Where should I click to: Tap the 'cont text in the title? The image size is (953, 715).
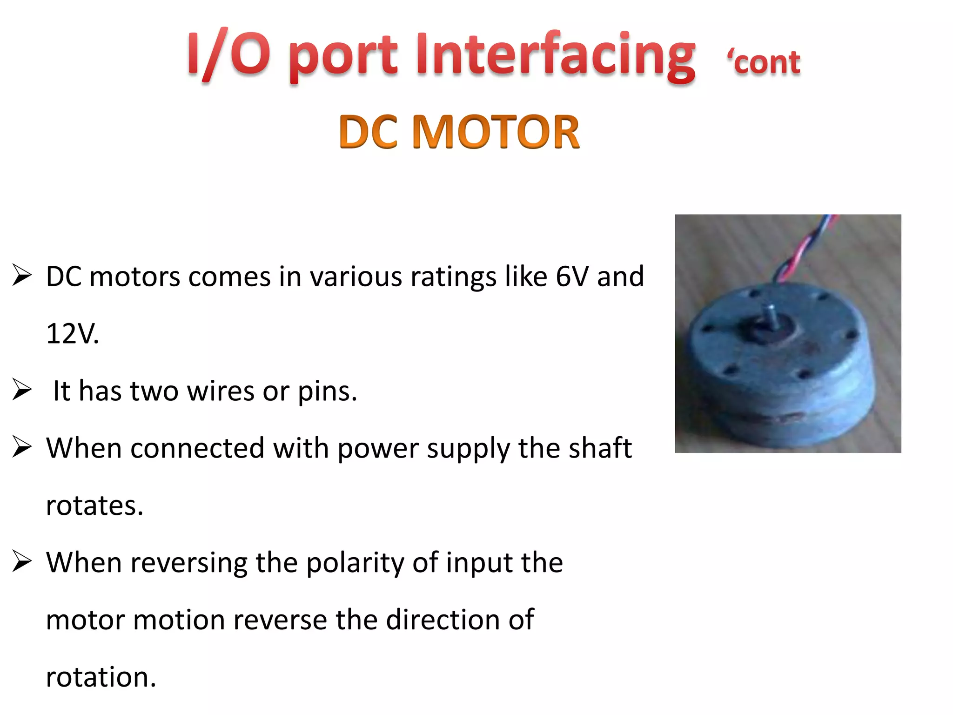tap(764, 62)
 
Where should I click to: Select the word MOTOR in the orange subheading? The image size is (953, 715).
tap(496, 132)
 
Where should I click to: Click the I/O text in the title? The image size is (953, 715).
tap(228, 55)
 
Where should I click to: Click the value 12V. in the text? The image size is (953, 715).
tap(72, 334)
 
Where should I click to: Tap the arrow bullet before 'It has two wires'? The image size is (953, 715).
tap(22, 390)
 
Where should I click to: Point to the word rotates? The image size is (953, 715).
tap(94, 506)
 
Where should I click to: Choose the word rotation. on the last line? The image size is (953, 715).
tap(101, 677)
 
